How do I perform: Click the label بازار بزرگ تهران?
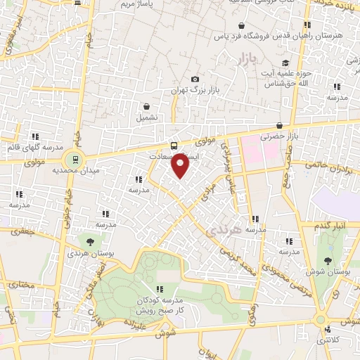tap(195, 91)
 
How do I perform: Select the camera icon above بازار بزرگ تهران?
tap(195, 79)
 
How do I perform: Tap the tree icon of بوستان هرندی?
tap(88, 241)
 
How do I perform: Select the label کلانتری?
tap(323, 340)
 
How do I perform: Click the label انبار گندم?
tap(330, 226)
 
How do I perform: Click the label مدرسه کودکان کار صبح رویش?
tap(161, 304)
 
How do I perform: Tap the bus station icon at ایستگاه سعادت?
tap(174, 146)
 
